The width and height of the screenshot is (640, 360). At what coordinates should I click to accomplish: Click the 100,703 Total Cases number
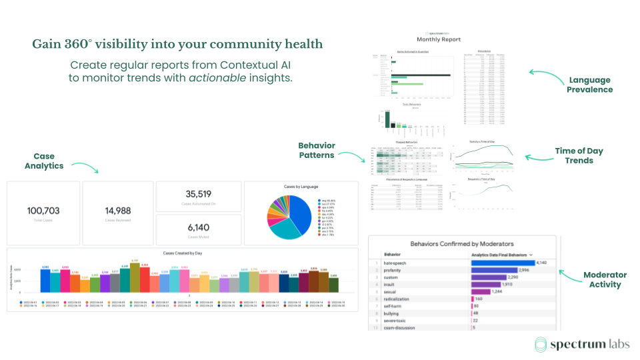[43, 211]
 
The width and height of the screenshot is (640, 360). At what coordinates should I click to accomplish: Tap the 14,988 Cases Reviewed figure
[118, 211]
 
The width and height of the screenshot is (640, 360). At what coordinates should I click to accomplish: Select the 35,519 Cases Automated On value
[198, 194]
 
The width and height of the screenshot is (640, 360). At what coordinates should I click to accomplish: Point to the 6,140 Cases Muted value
[198, 227]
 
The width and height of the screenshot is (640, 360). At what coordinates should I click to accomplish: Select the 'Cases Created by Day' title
[182, 253]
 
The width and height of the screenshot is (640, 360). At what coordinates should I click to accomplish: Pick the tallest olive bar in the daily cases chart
[135, 277]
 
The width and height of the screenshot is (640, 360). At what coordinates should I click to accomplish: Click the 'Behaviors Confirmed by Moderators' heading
[461, 244]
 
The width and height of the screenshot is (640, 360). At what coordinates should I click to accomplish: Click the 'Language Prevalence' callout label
[590, 85]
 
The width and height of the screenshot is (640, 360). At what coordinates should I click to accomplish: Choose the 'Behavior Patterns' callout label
[317, 150]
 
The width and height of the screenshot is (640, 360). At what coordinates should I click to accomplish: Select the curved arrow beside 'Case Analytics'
[85, 167]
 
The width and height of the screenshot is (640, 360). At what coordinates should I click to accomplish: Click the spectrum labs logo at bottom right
[577, 344]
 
